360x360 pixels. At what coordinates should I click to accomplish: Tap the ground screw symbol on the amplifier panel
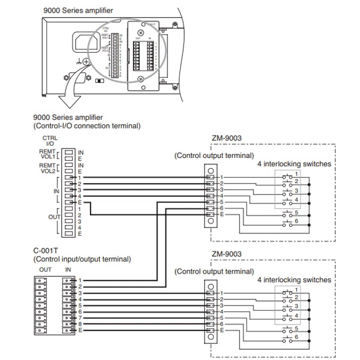point(86,61)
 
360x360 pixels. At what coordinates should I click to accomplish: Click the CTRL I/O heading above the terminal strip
point(50,142)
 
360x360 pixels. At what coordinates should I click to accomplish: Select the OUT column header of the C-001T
point(46,270)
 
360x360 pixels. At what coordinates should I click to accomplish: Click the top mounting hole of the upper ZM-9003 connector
point(211,169)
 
